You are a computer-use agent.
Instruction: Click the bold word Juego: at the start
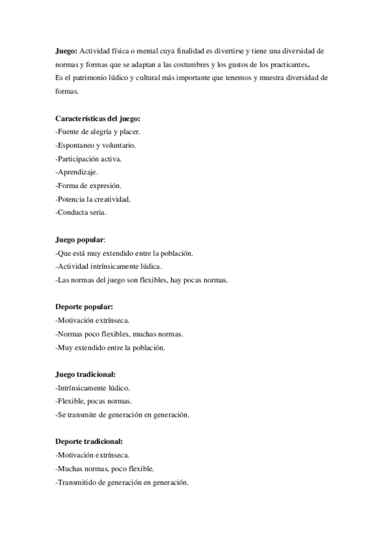66,51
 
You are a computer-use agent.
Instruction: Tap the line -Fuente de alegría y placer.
98,132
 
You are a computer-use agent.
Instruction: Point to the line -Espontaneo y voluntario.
95,145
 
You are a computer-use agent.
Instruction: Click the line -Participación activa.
89,158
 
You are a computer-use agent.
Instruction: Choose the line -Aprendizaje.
77,172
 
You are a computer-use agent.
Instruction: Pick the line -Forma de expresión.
89,185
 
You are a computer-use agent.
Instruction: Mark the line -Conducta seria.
81,212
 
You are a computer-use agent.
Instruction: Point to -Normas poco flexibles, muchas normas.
120,334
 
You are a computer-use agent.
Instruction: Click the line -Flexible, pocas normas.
94,401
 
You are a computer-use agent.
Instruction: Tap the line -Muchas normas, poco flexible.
105,469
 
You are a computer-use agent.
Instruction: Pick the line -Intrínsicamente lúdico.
93,388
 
